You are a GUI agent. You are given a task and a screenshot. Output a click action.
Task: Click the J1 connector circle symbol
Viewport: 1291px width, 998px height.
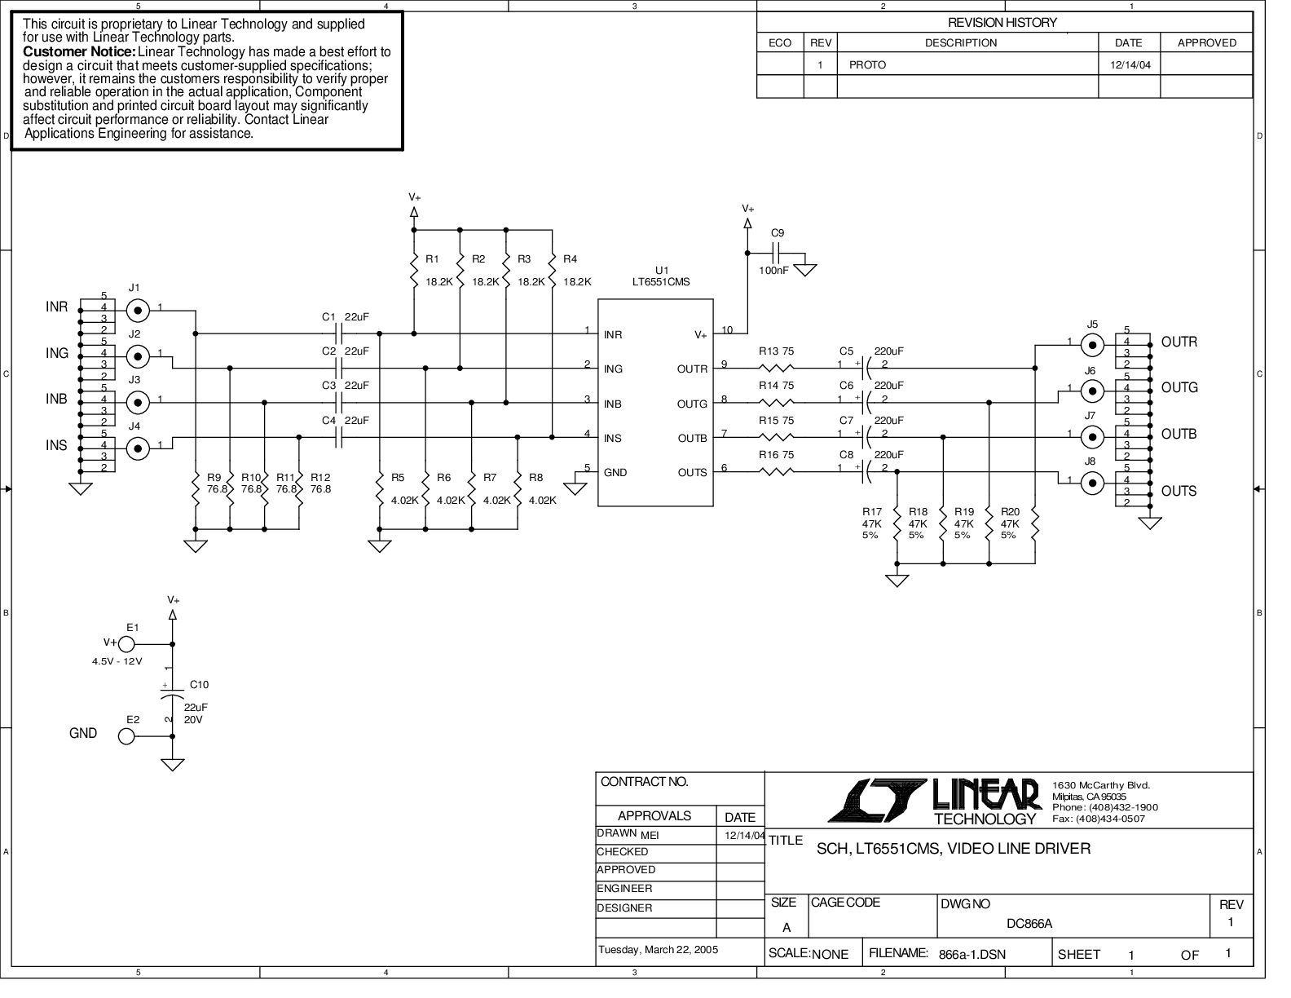[x=138, y=311]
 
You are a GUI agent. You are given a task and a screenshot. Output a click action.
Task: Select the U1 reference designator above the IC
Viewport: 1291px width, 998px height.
[x=661, y=271]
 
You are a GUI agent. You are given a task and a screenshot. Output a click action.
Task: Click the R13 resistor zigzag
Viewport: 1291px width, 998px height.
[x=777, y=369]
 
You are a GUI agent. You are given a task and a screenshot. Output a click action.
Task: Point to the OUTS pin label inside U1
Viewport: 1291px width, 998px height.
[x=692, y=473]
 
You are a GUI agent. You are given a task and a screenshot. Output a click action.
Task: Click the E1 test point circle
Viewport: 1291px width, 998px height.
[x=126, y=644]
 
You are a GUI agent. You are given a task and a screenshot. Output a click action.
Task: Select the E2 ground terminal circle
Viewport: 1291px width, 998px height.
[x=126, y=736]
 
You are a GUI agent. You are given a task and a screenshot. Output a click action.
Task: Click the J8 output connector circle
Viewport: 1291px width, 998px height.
[x=1092, y=484]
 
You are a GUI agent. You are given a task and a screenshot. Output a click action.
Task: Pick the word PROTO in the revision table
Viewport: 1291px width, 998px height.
[x=867, y=64]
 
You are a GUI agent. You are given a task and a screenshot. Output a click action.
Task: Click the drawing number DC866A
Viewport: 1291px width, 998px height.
[x=1029, y=924]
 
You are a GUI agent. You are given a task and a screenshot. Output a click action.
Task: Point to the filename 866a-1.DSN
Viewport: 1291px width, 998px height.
[x=972, y=955]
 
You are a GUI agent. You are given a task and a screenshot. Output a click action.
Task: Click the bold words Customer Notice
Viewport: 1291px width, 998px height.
[x=80, y=51]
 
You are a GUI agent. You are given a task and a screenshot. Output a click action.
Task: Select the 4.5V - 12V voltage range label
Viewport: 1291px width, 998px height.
[x=117, y=661]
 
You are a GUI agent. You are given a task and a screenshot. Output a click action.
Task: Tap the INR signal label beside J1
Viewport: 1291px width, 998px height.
[x=56, y=307]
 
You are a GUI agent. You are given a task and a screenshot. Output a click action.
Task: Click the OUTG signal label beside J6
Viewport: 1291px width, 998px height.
[x=1179, y=387]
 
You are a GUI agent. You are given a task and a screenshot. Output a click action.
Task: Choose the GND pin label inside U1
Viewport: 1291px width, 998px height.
[x=615, y=473]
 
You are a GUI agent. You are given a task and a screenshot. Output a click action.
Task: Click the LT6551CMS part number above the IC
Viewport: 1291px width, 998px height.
[x=661, y=282]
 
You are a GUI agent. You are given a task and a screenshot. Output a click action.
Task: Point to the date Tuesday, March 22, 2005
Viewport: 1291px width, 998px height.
[x=658, y=949]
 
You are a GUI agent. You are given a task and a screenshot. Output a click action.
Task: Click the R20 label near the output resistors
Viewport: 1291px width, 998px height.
[x=1010, y=512]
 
